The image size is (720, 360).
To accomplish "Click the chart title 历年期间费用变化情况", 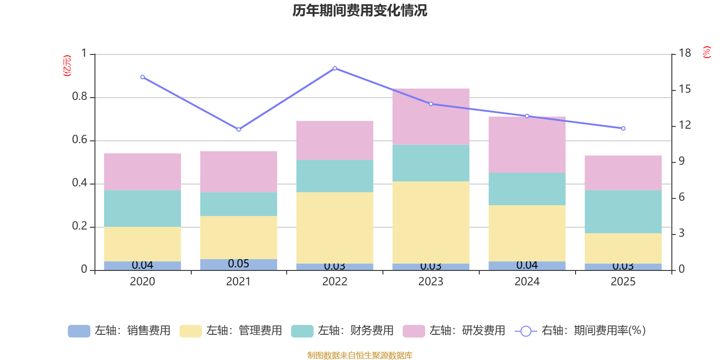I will [x=360, y=10].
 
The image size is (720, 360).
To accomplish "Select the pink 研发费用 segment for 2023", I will [x=431, y=116].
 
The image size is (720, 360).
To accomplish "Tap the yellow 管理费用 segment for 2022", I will [x=334, y=228].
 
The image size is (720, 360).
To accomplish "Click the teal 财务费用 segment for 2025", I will [x=623, y=211].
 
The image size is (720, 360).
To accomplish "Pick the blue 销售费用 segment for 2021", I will [x=238, y=265].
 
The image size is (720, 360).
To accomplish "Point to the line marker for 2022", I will [x=335, y=68].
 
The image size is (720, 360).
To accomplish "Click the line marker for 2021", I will [x=238, y=130].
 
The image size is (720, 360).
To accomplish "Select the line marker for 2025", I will [x=623, y=129].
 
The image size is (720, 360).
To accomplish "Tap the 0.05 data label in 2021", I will [x=238, y=264].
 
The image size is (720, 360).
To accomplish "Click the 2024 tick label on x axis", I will [x=527, y=282].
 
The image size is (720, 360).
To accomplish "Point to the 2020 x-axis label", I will [x=142, y=282].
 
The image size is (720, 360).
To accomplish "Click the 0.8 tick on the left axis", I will [x=80, y=97].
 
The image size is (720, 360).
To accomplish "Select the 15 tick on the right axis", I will [x=684, y=89].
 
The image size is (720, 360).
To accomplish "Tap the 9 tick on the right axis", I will [x=681, y=161].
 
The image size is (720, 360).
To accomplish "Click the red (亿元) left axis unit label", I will [x=67, y=66].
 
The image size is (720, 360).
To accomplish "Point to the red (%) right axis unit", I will [x=706, y=52].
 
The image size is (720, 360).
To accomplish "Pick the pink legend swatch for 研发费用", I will [x=414, y=331].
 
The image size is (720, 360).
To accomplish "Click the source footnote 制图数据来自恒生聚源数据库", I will [x=360, y=355].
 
